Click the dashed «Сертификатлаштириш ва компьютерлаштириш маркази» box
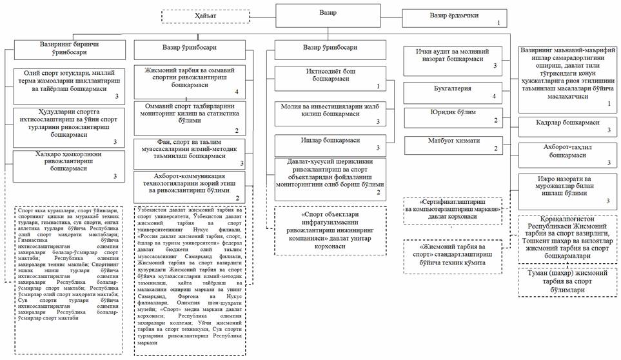(453, 212)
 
